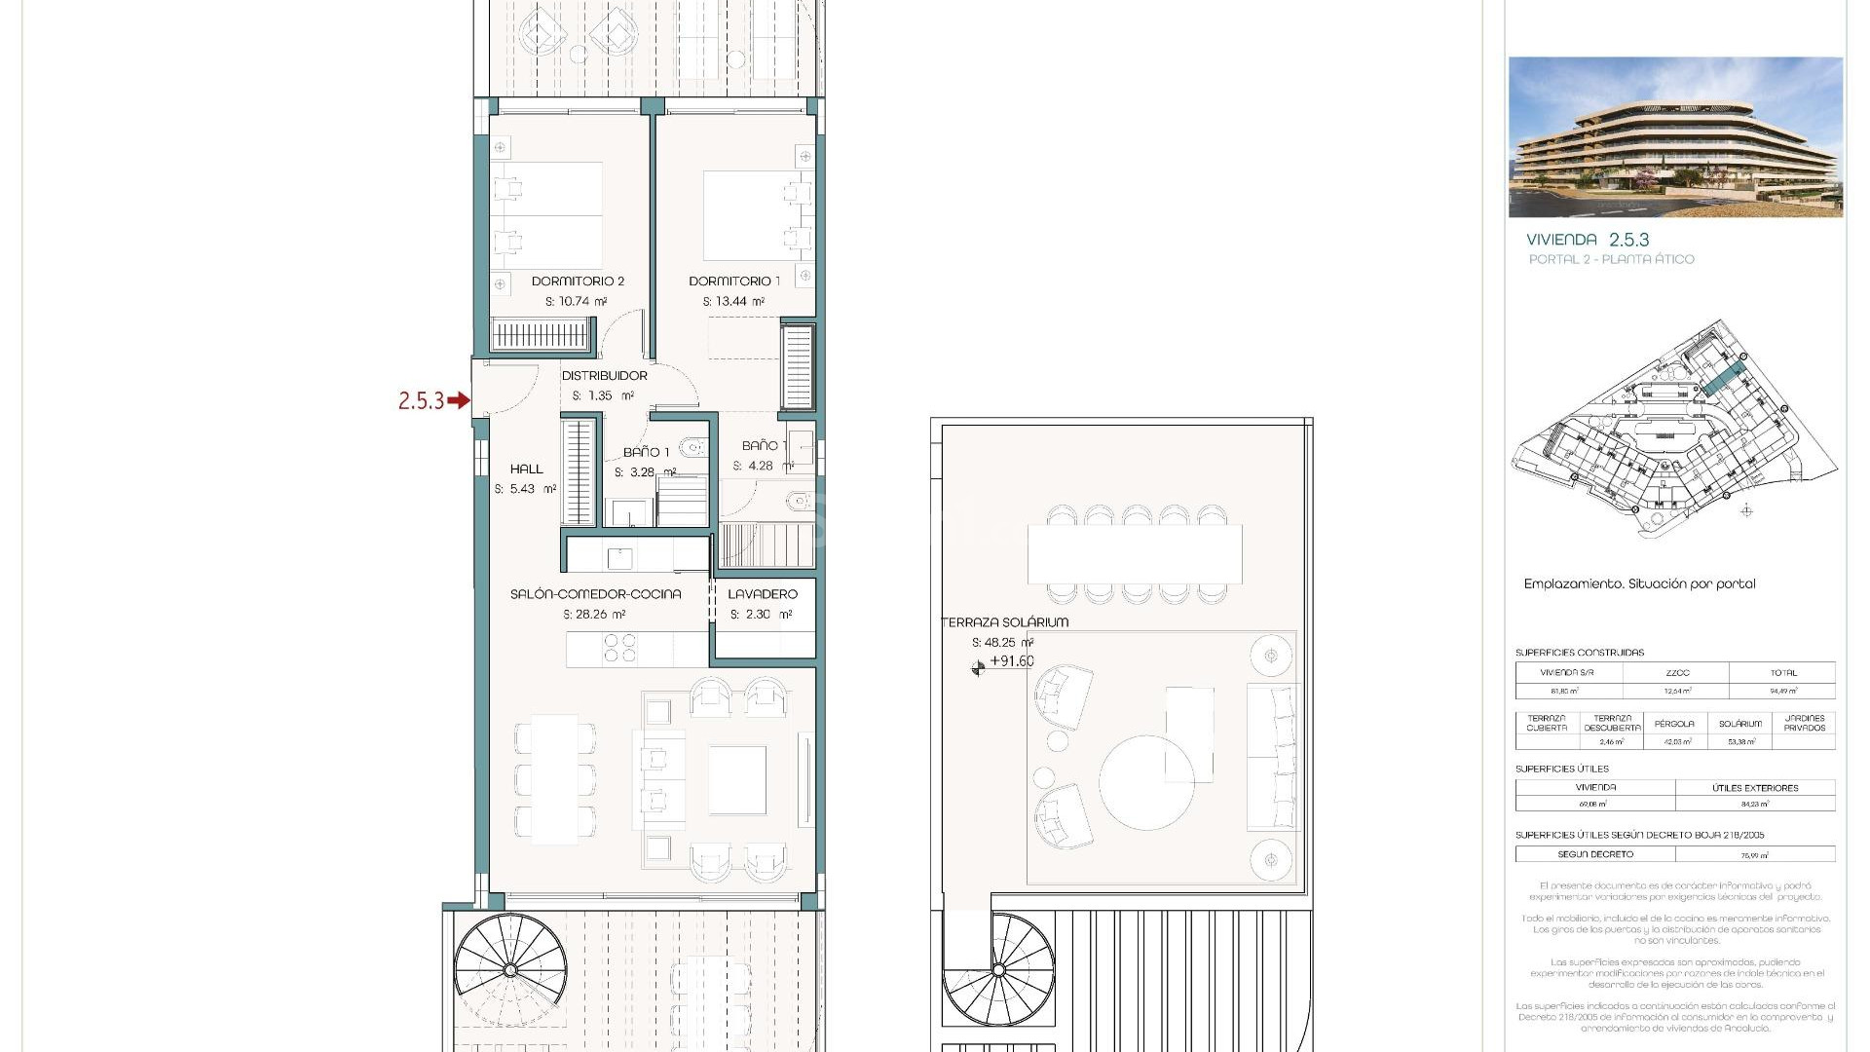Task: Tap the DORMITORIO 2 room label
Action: pos(578,282)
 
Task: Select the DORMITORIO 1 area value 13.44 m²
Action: pos(733,302)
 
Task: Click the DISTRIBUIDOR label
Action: pos(604,376)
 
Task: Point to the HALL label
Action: pos(526,470)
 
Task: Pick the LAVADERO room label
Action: pos(762,594)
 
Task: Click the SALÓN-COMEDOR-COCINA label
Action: pos(595,594)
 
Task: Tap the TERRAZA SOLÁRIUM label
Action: pos(1004,622)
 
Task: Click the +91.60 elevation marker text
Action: pos(1011,661)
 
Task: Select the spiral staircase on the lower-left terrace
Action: pos(509,969)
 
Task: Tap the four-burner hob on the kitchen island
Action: pos(619,648)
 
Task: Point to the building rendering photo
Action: pos(1675,137)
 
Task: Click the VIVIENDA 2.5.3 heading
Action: pos(1587,240)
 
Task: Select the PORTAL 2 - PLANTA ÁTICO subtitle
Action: pos(1611,259)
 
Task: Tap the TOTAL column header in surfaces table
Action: pos(1782,673)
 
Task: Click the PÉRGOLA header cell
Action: pos(1673,724)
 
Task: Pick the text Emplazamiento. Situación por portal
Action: pos(1639,584)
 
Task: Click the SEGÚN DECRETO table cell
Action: pos(1594,854)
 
